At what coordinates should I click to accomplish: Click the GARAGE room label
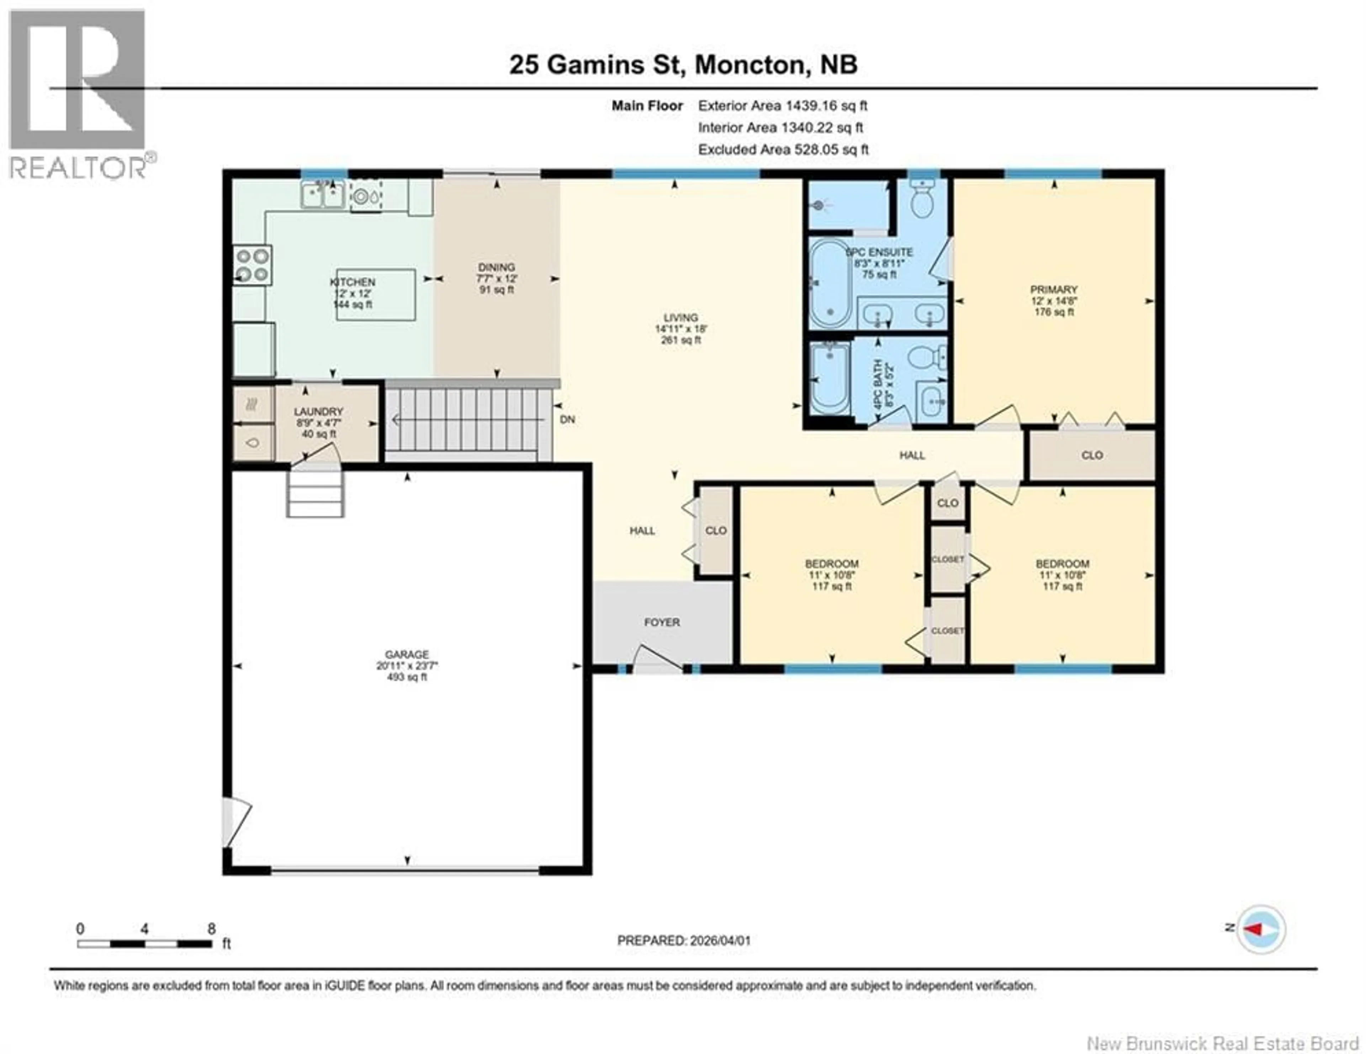(407, 655)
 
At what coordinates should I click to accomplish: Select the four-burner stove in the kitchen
(252, 265)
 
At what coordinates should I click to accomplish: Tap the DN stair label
(567, 420)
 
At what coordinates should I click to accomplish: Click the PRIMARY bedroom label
(1054, 289)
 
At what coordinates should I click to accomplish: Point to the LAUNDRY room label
(318, 411)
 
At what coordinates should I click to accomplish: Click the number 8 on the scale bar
(211, 928)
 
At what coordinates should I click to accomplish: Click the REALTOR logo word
(78, 167)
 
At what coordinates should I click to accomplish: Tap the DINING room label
(497, 267)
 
